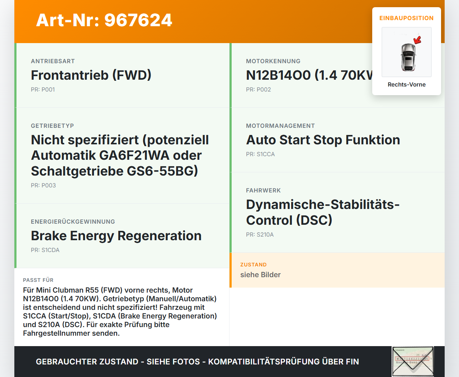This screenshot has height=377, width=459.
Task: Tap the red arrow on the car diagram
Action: (x=417, y=40)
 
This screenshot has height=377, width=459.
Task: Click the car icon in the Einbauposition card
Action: (x=408, y=57)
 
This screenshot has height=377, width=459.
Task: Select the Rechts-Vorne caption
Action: (x=407, y=85)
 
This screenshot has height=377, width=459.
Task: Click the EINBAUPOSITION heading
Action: (x=407, y=18)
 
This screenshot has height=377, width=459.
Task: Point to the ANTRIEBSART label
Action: (x=53, y=61)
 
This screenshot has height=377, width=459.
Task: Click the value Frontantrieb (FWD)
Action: (x=91, y=75)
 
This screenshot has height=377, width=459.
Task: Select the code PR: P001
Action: (x=43, y=90)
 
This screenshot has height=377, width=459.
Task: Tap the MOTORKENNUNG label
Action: (x=273, y=61)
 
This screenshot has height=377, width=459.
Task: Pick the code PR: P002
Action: (x=259, y=90)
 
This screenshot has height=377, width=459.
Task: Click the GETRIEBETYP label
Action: (x=52, y=126)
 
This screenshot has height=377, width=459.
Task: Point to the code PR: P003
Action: (x=43, y=186)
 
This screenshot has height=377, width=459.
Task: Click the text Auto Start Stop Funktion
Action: (x=323, y=140)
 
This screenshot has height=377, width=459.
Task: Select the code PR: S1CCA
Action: (x=260, y=154)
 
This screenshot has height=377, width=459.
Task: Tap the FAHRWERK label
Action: (x=263, y=191)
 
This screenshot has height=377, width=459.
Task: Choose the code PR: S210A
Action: (x=260, y=235)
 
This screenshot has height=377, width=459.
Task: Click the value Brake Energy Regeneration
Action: (x=116, y=236)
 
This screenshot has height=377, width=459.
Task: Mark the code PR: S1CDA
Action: (x=45, y=250)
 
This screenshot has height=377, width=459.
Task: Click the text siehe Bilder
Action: (x=260, y=275)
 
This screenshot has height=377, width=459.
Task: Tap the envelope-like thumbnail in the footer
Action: (x=413, y=361)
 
